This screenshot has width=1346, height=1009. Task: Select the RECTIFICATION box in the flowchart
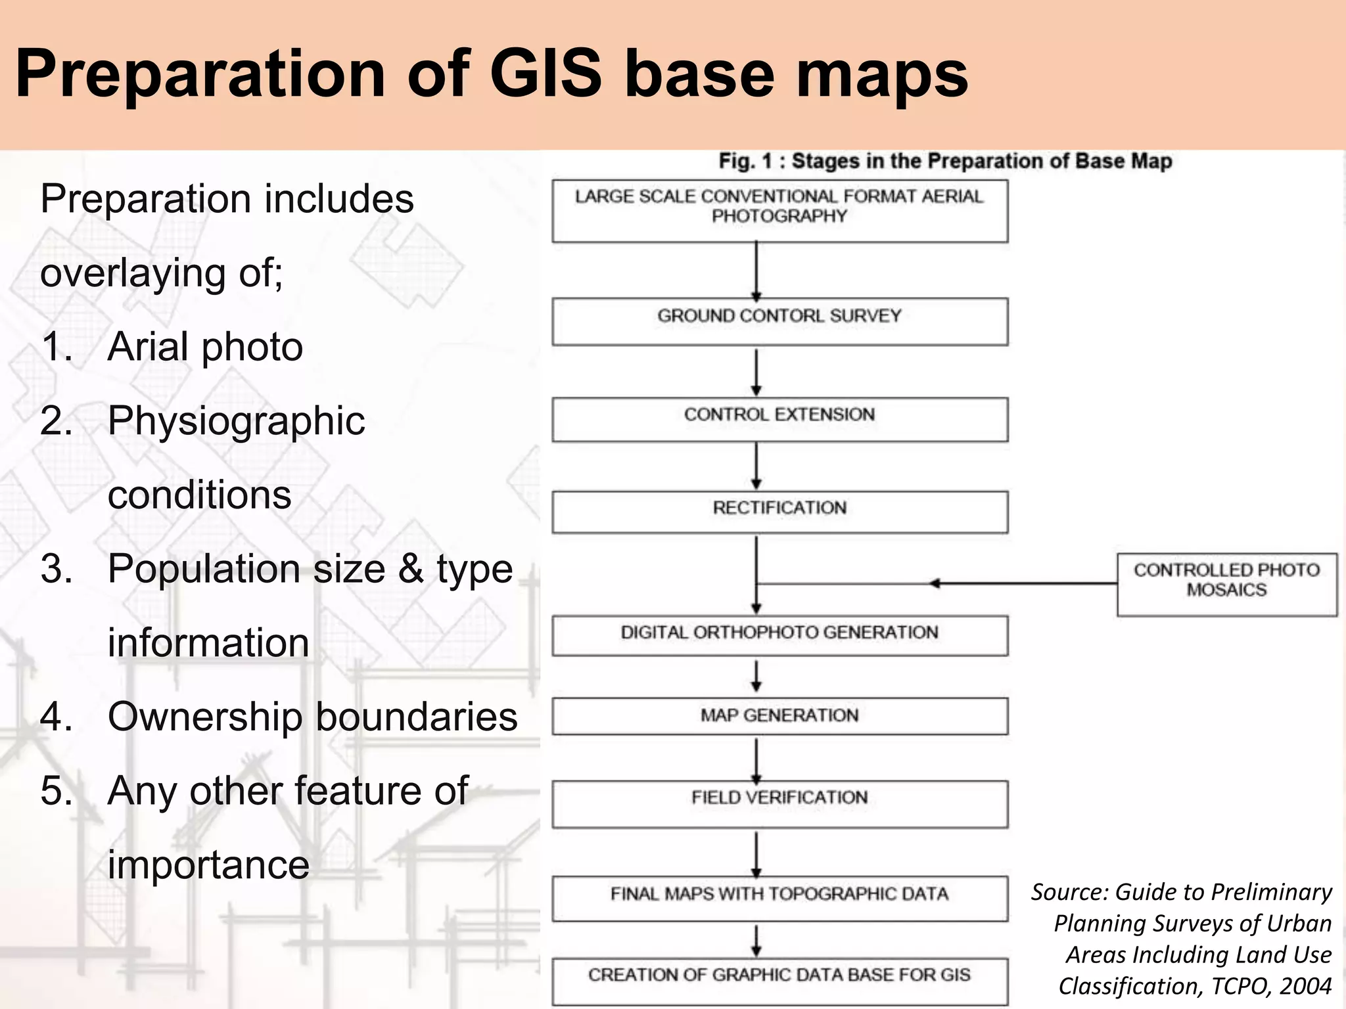pyautogui.click(x=779, y=511)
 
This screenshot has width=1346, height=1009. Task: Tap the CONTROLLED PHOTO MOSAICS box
pyautogui.click(x=1226, y=584)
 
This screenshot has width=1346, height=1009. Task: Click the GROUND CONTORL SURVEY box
pyautogui.click(x=779, y=321)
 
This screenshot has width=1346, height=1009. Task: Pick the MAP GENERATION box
pyautogui.click(x=779, y=715)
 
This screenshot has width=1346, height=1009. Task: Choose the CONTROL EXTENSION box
pyautogui.click(x=779, y=418)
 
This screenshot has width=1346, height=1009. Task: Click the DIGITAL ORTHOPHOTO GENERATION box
pyautogui.click(x=779, y=635)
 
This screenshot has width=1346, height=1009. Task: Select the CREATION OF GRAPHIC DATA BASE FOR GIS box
pyautogui.click(x=779, y=981)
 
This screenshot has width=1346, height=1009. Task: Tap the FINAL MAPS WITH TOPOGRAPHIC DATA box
pyautogui.click(x=779, y=897)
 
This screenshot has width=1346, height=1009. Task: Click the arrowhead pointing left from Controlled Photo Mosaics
pyautogui.click(x=935, y=583)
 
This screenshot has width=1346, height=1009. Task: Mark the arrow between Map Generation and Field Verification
pyautogui.click(x=756, y=759)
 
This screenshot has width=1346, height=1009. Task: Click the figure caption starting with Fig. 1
pyautogui.click(x=944, y=161)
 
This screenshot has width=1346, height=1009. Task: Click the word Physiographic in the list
pyautogui.click(x=236, y=421)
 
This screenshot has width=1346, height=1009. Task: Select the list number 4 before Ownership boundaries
pyautogui.click(x=55, y=717)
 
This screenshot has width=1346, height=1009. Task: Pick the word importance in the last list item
pyautogui.click(x=208, y=865)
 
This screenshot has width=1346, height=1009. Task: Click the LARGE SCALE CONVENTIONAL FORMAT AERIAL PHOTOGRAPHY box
pyautogui.click(x=779, y=210)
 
